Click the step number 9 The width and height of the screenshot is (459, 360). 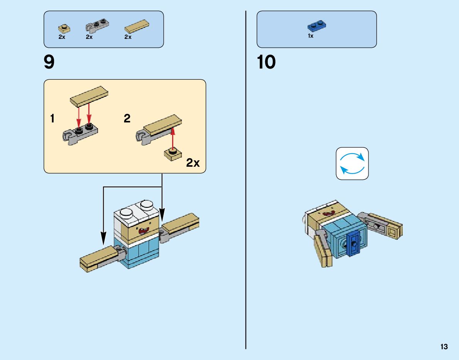click(49, 62)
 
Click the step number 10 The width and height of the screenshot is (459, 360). click(266, 62)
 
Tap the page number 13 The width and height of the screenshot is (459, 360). click(444, 347)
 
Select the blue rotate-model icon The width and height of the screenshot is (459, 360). click(352, 163)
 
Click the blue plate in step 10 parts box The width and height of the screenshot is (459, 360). click(317, 27)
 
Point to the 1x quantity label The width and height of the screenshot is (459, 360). click(311, 36)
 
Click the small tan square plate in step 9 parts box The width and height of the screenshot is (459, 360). click(64, 28)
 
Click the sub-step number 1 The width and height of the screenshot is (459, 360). click(52, 119)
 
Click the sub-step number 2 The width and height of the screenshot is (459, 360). click(127, 119)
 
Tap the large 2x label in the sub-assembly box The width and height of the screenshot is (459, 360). click(193, 163)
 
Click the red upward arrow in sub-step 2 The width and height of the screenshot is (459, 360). click(173, 138)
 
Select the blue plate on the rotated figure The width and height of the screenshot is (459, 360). click(353, 244)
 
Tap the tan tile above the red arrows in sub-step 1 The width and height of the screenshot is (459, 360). click(89, 96)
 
